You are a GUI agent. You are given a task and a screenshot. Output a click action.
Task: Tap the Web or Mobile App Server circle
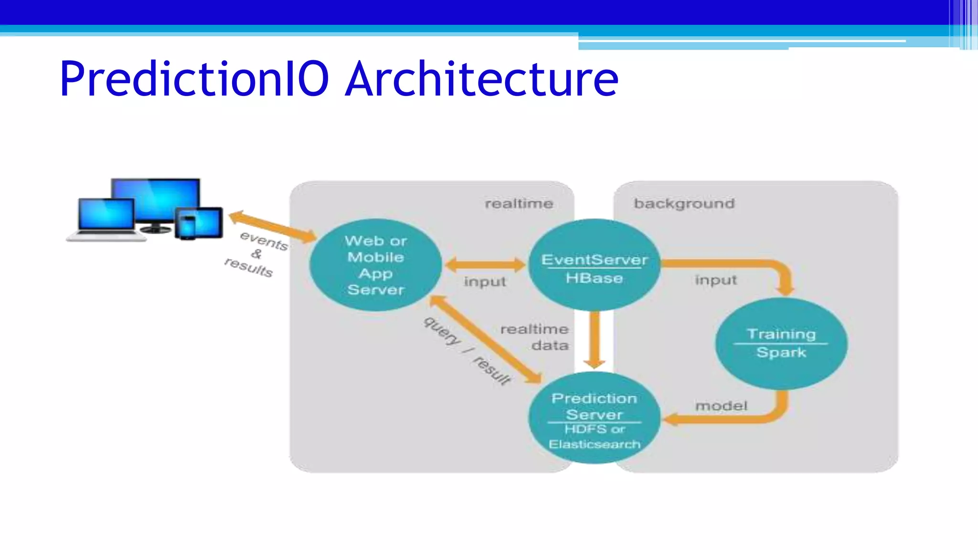(x=375, y=265)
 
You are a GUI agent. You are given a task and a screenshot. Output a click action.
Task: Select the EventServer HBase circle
(x=594, y=265)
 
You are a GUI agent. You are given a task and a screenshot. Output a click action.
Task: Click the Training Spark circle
(x=781, y=343)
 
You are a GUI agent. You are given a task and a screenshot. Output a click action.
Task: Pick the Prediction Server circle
(x=594, y=418)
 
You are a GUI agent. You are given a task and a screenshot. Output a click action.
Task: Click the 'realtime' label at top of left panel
(x=519, y=204)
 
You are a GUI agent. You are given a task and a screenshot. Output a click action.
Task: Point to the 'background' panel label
(x=684, y=204)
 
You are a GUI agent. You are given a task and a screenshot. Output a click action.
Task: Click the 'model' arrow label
(x=721, y=406)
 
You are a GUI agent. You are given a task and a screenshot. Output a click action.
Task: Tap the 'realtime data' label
(x=535, y=337)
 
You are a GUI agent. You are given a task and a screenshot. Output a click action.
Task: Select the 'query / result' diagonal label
(x=467, y=350)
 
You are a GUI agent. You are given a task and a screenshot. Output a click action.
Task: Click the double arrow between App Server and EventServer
(x=485, y=265)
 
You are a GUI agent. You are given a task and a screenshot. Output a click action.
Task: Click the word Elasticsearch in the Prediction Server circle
(x=594, y=444)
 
